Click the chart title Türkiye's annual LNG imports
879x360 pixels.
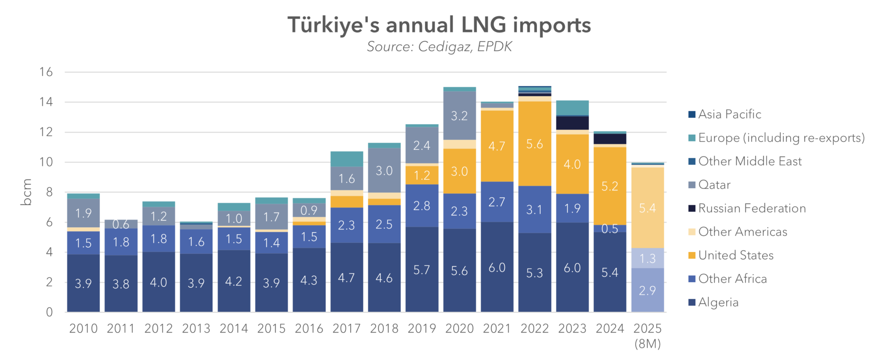tap(439, 25)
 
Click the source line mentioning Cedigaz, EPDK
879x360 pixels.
tap(439, 47)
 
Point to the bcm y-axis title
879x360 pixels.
tap(27, 192)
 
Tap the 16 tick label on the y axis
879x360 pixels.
tap(46, 72)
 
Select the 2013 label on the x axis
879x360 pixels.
tap(196, 328)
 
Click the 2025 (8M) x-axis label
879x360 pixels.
tap(647, 336)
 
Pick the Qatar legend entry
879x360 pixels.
tap(714, 185)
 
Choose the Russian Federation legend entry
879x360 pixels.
tap(751, 208)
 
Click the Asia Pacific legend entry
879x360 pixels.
tap(729, 115)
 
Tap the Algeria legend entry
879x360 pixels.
tap(718, 302)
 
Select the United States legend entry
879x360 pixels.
tap(735, 256)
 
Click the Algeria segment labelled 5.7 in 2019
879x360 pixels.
tap(422, 270)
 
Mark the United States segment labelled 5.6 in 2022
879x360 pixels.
tap(535, 144)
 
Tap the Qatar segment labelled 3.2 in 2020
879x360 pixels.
tap(459, 115)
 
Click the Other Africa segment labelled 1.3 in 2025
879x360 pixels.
tap(647, 258)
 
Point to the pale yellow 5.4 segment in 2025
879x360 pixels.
tap(647, 208)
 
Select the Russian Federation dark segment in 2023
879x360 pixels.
tap(572, 123)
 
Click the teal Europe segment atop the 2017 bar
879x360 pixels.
tap(347, 159)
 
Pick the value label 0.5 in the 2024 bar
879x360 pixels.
tap(610, 229)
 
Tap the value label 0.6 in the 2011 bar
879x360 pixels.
tap(121, 224)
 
